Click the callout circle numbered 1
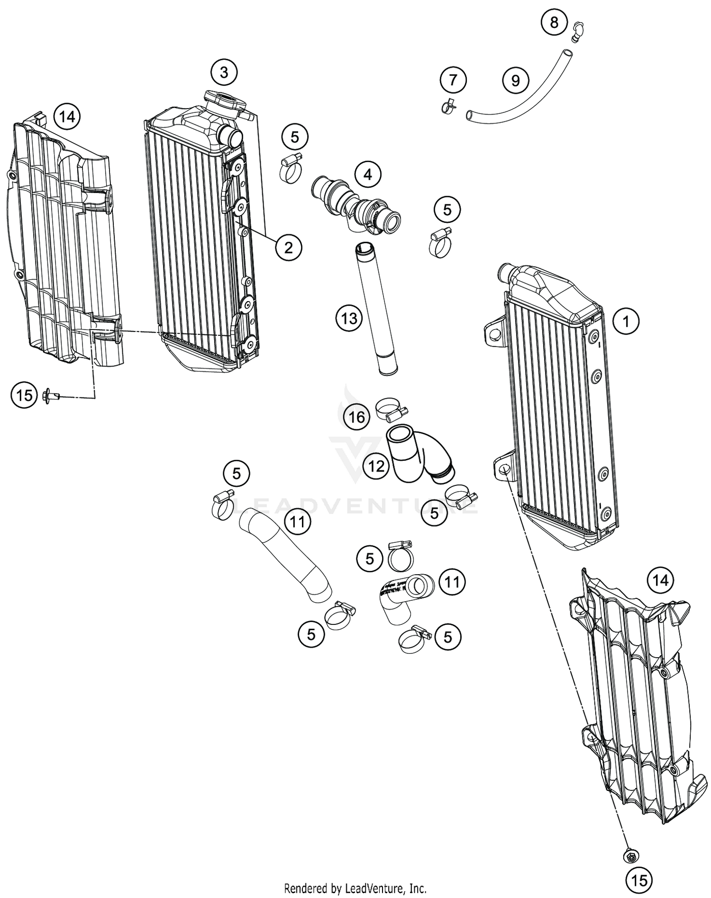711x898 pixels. click(x=626, y=322)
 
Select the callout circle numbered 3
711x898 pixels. click(x=224, y=73)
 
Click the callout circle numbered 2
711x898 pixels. click(x=288, y=247)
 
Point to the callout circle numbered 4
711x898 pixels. click(x=368, y=175)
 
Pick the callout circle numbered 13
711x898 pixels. click(x=349, y=318)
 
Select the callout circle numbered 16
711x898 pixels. click(x=357, y=417)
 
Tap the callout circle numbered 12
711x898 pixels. click(x=376, y=467)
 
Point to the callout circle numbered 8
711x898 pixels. click(x=554, y=22)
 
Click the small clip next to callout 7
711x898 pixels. click(x=447, y=106)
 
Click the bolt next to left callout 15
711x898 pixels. click(x=49, y=394)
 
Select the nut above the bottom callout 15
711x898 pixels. click(x=630, y=856)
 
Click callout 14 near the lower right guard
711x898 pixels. click(x=660, y=580)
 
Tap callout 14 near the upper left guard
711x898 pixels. click(x=67, y=116)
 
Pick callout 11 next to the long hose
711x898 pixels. click(x=297, y=522)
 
